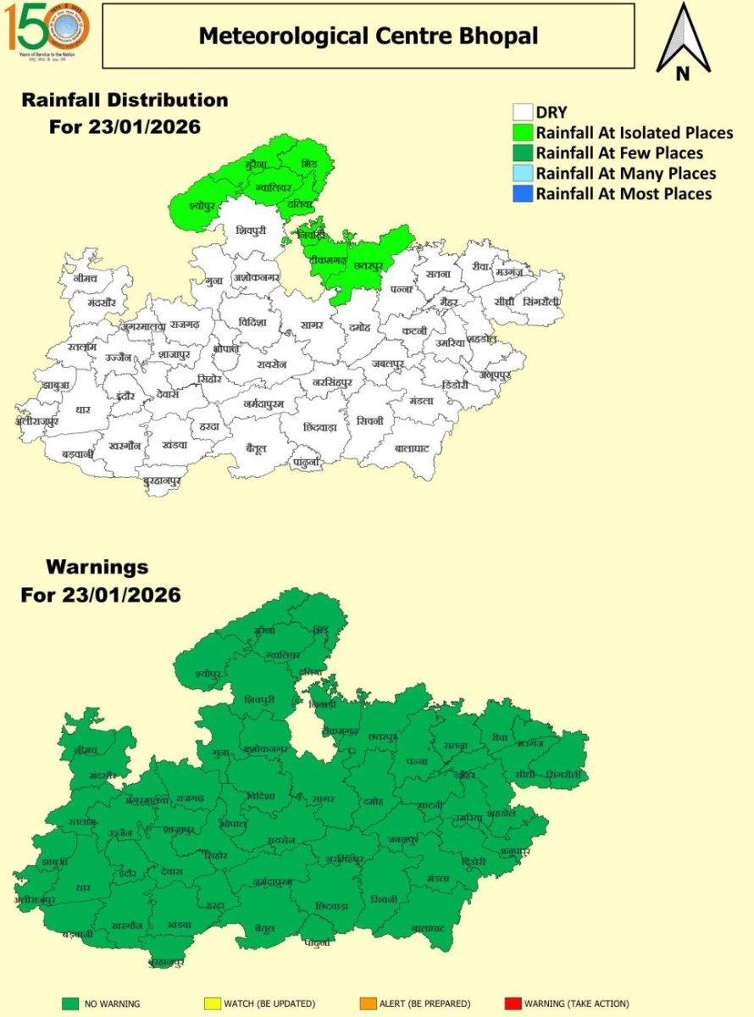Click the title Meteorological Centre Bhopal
point(368,36)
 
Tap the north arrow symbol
point(683,42)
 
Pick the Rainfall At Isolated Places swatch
point(522,133)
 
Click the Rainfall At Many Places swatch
point(522,174)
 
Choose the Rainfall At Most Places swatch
point(522,194)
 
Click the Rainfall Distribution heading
point(125,100)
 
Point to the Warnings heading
point(97,566)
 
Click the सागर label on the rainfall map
point(311,325)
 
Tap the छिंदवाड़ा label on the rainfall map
point(316,427)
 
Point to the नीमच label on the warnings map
point(86,751)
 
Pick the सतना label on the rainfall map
point(439,275)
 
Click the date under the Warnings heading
point(101,595)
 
